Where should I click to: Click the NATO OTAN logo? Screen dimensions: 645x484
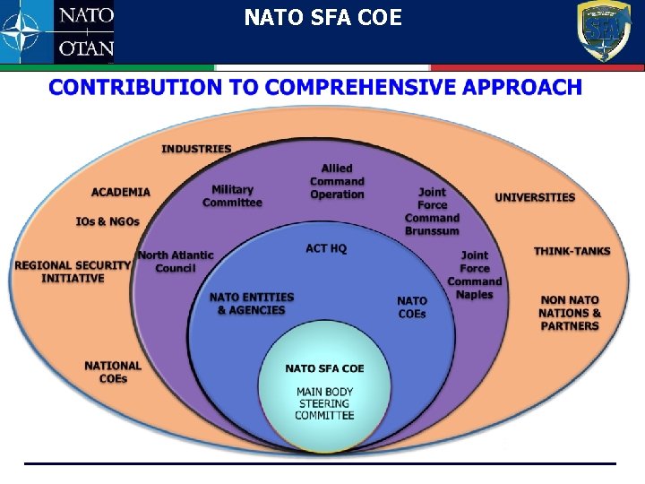57,32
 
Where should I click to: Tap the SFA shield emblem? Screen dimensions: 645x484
602,31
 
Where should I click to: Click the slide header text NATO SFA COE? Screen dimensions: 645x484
322,17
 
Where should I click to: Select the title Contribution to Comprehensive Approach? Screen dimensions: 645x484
314,88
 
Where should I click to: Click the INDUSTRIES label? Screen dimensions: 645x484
196,149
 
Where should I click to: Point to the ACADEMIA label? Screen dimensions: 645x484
121,192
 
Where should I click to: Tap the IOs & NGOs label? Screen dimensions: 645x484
107,221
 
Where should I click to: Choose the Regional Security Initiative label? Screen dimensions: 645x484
73,272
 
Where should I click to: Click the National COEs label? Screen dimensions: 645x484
113,372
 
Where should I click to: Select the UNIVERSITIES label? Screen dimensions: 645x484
535,197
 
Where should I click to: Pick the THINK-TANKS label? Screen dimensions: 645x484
572,251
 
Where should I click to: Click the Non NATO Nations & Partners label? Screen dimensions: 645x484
570,313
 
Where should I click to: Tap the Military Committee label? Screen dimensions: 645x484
232,195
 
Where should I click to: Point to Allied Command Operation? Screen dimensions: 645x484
337,181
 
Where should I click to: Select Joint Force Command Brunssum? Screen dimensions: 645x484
432,212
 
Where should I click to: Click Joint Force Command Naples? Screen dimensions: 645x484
475,274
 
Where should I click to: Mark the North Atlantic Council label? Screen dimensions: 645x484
176,261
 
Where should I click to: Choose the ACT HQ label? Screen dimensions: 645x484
326,248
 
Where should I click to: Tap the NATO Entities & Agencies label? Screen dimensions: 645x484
251,304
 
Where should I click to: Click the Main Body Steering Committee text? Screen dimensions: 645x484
324,403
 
